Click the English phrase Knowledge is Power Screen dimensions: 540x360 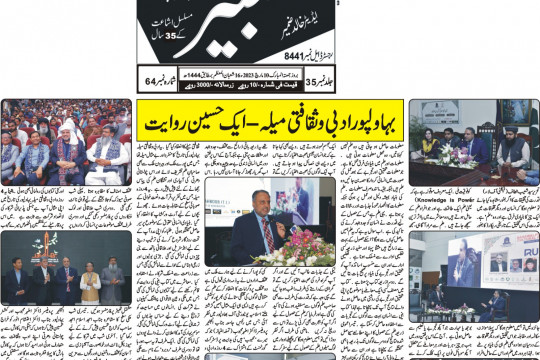click(435, 201)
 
